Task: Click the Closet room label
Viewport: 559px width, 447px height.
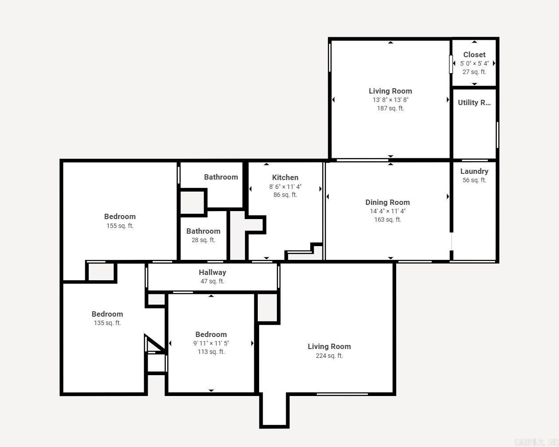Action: click(x=474, y=55)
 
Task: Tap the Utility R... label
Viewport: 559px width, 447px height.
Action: click(x=474, y=102)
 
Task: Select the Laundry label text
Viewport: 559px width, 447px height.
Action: click(x=474, y=171)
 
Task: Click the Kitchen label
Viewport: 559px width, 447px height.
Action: click(x=285, y=177)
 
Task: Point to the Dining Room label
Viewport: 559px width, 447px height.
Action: click(x=387, y=202)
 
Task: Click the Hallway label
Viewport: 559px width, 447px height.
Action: click(x=212, y=272)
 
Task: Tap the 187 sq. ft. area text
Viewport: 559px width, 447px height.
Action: click(x=390, y=108)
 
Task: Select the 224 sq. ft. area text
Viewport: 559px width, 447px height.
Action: click(x=329, y=356)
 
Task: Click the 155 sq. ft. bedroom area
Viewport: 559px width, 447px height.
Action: click(x=120, y=226)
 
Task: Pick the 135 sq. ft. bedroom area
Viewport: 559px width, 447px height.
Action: click(x=107, y=323)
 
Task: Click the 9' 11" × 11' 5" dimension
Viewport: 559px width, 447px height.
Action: click(x=211, y=343)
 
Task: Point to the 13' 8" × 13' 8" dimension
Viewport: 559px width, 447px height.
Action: click(x=390, y=100)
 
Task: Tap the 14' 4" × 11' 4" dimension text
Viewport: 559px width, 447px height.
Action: click(x=387, y=211)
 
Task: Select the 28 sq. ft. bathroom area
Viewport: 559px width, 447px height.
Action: click(x=203, y=240)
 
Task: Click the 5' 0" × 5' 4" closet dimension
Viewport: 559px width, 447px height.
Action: click(x=474, y=63)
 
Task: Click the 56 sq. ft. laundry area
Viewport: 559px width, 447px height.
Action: click(x=474, y=180)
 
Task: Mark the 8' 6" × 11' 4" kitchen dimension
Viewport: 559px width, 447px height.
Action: click(x=285, y=187)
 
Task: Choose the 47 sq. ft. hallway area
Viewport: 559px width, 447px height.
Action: click(x=212, y=281)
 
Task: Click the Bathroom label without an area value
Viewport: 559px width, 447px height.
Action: click(x=221, y=177)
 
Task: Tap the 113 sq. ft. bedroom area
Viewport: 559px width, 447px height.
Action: click(x=211, y=352)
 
